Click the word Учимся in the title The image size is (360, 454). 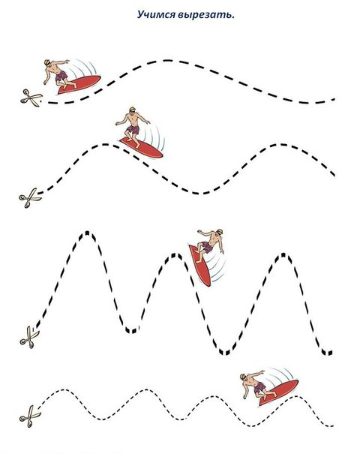[156, 14]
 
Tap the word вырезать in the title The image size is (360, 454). [206, 15]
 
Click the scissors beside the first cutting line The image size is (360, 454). [31, 98]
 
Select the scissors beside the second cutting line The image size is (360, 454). [30, 198]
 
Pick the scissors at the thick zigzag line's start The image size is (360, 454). [29, 337]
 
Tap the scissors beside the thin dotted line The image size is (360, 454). [30, 416]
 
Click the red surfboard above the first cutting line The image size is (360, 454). [79, 84]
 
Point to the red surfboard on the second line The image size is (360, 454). [141, 147]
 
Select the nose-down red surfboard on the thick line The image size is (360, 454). [200, 266]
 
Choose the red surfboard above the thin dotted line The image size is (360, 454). [278, 392]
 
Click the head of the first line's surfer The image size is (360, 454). [47, 63]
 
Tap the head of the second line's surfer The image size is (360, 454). [133, 110]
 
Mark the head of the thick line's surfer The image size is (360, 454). [219, 232]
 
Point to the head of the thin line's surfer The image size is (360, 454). [244, 377]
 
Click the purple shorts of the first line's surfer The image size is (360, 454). [61, 77]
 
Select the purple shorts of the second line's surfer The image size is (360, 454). [133, 129]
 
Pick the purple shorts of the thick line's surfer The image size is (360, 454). [207, 247]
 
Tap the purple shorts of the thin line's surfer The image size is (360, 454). [259, 387]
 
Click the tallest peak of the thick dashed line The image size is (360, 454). [87, 233]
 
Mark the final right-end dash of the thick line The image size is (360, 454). [331, 353]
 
